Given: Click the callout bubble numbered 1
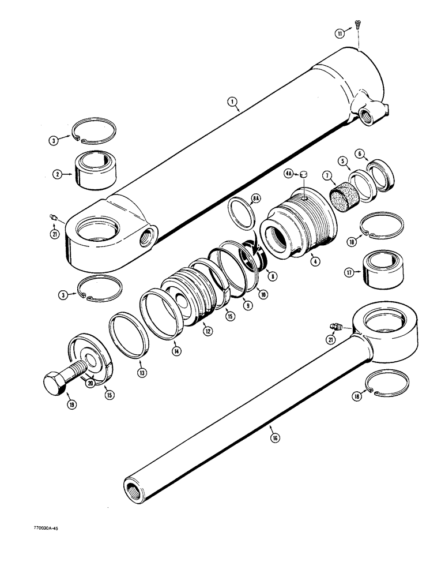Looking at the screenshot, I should (232, 102).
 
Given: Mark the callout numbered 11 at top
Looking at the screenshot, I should (340, 34).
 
